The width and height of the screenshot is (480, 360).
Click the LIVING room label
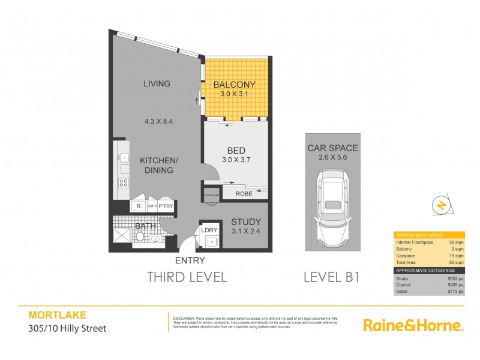click(157, 83)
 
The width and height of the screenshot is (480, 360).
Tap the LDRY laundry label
click(209, 229)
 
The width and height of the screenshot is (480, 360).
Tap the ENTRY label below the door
click(190, 260)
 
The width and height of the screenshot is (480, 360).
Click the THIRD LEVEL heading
click(187, 277)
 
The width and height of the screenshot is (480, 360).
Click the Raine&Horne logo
click(413, 326)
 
